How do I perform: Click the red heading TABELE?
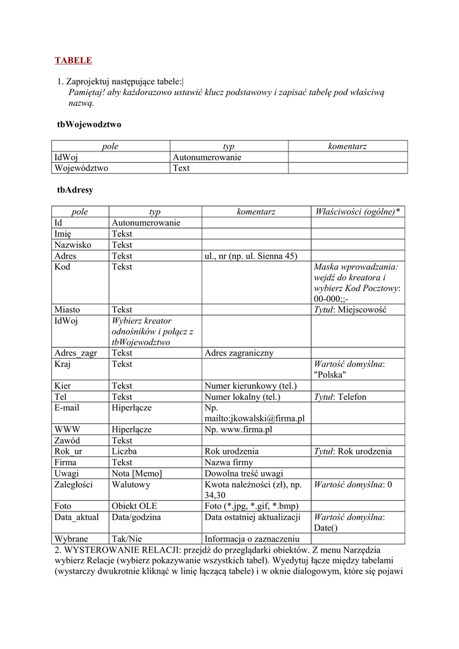pos(73,61)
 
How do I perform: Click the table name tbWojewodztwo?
pos(89,125)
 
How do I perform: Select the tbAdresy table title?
pos(75,190)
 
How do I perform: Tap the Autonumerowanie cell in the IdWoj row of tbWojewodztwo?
pos(207,157)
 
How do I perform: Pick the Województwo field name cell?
pos(82,168)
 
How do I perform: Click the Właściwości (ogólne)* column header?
pos(357,212)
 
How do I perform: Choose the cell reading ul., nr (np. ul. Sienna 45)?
pos(250,256)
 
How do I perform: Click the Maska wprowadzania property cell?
pos(357,283)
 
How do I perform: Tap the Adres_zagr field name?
pos(75,353)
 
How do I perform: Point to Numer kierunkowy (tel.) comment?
pos(250,386)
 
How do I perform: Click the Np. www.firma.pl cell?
pos(238,429)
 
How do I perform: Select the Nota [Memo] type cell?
pos(137,473)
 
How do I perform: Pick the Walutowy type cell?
pos(131,484)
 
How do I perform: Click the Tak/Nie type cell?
pos(127,539)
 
